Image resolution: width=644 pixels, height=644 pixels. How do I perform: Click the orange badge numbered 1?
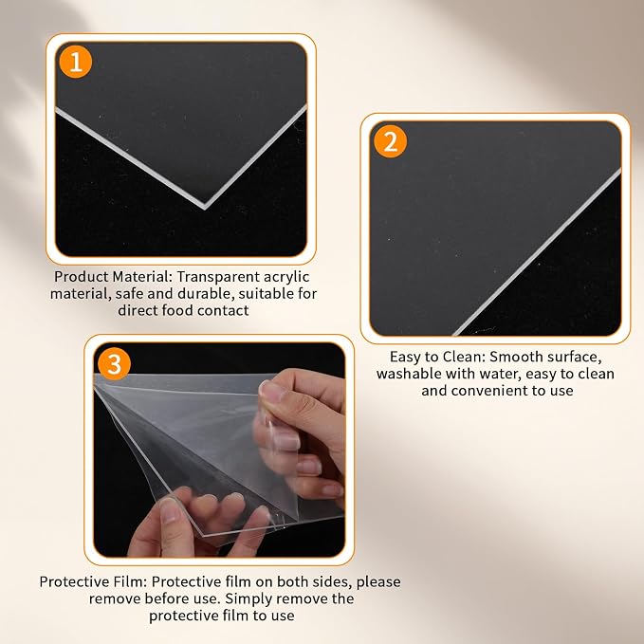(x=76, y=62)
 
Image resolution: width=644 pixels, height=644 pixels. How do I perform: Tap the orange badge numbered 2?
(x=390, y=141)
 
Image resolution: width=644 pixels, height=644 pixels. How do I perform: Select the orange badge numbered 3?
(x=114, y=363)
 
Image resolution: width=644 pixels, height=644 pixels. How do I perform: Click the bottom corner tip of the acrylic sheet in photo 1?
(x=205, y=209)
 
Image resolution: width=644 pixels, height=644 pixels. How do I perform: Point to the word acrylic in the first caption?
(x=286, y=277)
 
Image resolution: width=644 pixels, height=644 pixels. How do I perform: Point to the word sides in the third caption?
(x=332, y=582)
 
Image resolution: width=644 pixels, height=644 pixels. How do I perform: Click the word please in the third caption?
(x=378, y=582)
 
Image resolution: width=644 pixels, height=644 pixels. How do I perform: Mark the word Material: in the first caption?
(x=142, y=277)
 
